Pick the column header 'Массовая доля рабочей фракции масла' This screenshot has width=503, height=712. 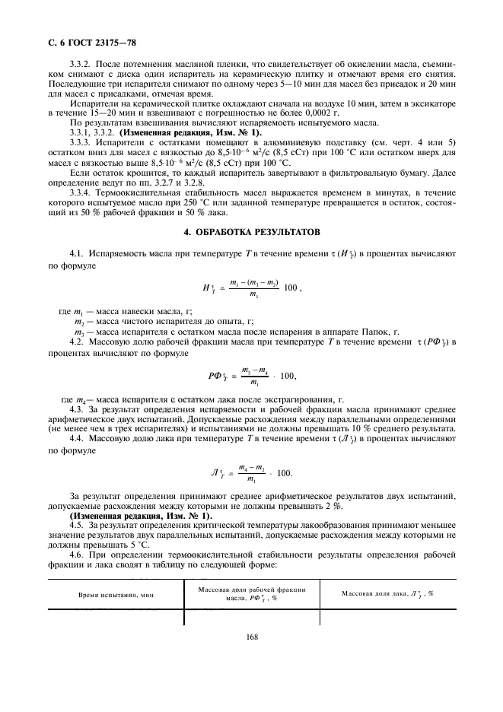pos(251,594)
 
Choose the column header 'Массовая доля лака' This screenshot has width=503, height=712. pos(387,593)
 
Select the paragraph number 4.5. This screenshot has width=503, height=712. pos(76,526)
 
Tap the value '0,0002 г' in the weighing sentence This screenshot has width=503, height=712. pos(322,113)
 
